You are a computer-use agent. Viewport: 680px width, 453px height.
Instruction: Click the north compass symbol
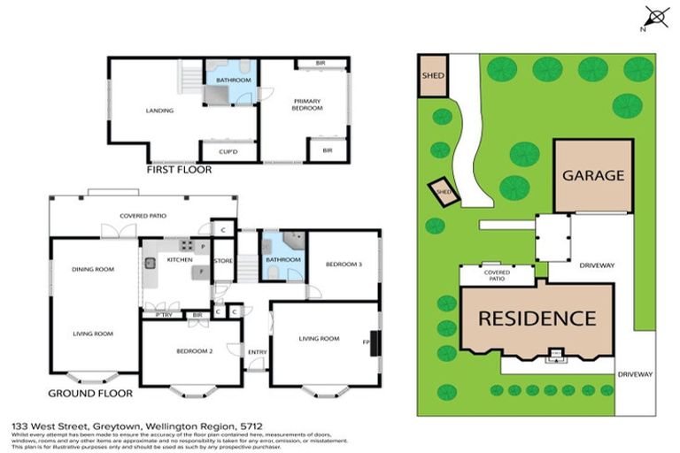click(x=656, y=14)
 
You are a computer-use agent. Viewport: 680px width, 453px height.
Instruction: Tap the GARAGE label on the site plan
click(x=593, y=175)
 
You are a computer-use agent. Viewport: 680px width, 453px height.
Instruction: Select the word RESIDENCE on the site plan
click(x=537, y=318)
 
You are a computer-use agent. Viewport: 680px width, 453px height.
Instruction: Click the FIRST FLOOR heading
click(x=180, y=169)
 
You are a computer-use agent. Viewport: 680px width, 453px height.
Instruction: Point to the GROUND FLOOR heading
click(x=90, y=393)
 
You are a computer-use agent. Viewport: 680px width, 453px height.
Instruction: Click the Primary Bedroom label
click(x=306, y=104)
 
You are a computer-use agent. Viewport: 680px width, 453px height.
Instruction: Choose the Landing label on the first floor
click(x=159, y=111)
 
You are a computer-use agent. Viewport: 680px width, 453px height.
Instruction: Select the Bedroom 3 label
click(x=343, y=264)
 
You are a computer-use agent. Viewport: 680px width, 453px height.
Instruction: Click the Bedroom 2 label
click(x=192, y=352)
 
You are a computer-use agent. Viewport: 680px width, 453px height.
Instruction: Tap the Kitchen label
click(x=180, y=260)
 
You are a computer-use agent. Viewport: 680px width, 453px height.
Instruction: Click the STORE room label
click(x=224, y=260)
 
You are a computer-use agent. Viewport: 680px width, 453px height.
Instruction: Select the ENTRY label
click(x=257, y=352)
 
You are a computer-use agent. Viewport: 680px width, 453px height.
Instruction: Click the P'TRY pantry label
click(x=162, y=314)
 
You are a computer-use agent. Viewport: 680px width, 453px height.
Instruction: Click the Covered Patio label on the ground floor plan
click(x=143, y=216)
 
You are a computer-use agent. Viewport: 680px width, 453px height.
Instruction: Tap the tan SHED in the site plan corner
click(x=433, y=74)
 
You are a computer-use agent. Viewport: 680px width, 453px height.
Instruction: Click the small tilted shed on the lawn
click(x=443, y=191)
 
